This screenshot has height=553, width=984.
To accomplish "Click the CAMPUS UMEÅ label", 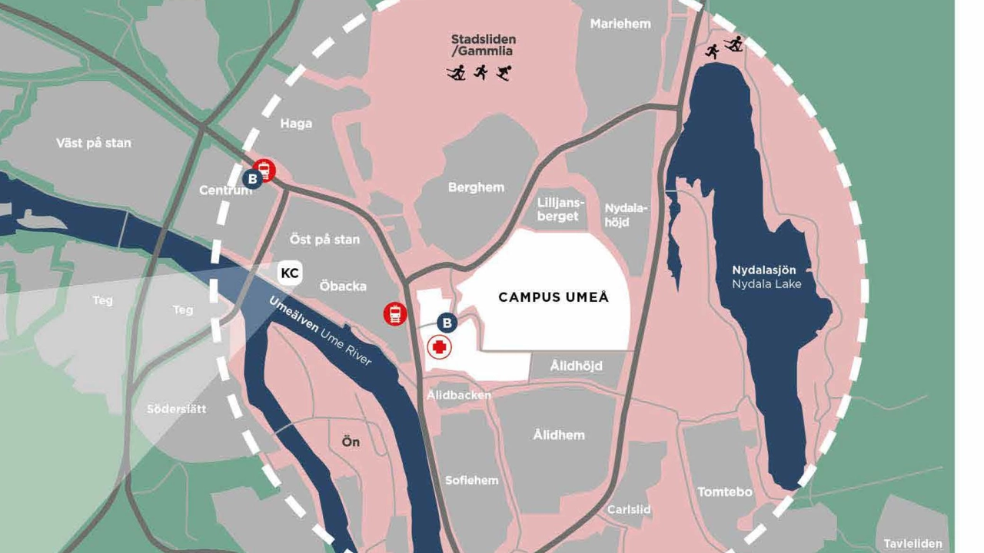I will [553, 297].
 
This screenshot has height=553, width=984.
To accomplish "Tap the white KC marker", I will [290, 273].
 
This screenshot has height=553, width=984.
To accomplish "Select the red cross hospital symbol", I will [439, 348].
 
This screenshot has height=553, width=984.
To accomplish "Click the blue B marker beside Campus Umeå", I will [447, 323].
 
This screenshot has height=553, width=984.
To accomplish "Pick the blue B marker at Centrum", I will [251, 179].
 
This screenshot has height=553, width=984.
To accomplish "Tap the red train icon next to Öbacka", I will [395, 313].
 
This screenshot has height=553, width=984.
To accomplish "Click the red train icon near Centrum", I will [264, 170].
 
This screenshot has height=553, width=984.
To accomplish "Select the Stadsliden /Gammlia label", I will [483, 45].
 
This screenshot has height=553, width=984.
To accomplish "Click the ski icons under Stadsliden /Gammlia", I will [480, 73].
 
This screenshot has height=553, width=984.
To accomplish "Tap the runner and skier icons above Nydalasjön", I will [723, 47].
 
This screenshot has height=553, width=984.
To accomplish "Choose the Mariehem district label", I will [620, 24].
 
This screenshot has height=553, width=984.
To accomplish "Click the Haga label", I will [296, 124].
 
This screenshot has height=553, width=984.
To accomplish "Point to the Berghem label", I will [476, 187].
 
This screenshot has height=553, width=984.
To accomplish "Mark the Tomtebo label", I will [724, 492].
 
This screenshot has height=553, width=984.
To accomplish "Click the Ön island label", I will [351, 442].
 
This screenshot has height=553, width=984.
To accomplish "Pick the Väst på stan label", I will [94, 143].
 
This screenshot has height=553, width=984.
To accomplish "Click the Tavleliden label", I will [913, 543].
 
